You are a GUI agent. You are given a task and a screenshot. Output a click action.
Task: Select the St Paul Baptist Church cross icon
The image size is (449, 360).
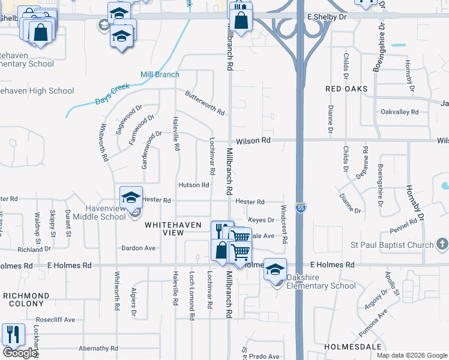tap(442, 244)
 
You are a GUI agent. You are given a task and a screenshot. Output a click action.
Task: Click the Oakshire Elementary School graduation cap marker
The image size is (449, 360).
tap(276, 270)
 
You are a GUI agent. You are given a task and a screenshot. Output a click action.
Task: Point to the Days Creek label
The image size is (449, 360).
tap(112, 94)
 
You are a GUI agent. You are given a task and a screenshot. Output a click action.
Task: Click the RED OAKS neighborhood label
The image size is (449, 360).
tap(346, 89)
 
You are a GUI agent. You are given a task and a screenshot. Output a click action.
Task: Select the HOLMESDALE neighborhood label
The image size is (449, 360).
tap(353, 347)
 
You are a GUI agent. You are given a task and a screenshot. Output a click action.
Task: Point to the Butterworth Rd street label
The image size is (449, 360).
tap(205, 104)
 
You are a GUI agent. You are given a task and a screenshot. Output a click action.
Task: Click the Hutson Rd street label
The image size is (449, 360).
tap(193, 185)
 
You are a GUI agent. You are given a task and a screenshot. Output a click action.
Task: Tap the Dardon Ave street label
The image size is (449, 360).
tap(139, 248)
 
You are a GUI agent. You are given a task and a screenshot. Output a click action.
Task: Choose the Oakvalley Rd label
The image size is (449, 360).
tap(399, 112)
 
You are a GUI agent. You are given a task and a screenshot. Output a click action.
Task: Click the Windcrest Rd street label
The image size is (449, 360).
tap(284, 224)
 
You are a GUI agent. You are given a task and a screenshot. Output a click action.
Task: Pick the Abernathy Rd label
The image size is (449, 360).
tap(98, 348)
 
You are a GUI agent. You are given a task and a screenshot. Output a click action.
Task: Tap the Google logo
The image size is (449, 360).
tap(19, 353)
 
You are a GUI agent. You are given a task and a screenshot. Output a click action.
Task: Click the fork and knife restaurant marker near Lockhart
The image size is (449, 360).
tap(13, 334)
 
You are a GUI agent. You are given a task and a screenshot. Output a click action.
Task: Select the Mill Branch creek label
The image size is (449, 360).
tap(160, 74)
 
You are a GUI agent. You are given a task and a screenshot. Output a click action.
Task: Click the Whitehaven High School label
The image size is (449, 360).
tap(37, 91)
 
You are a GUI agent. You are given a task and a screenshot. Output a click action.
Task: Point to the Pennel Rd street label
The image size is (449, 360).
tap(403, 226)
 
